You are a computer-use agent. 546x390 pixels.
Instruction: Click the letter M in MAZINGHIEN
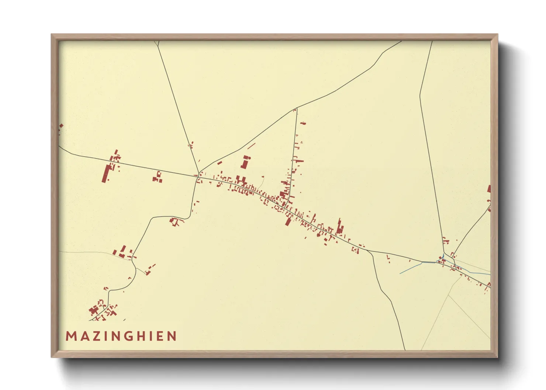click(x=70, y=336)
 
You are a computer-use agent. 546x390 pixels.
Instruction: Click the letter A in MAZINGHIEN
click(x=82, y=336)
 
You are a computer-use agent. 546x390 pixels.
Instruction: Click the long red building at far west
click(x=106, y=174)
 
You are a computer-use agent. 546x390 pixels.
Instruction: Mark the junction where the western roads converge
click(x=198, y=173)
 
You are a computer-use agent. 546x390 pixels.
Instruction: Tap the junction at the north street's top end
click(x=297, y=108)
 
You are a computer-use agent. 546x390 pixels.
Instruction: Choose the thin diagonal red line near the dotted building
click(x=252, y=146)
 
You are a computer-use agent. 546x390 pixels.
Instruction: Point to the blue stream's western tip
click(x=400, y=274)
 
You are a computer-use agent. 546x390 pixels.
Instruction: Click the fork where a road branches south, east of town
click(x=369, y=251)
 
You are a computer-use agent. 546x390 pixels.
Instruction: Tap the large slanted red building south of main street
click(x=288, y=221)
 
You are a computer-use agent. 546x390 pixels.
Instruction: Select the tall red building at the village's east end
click(x=340, y=226)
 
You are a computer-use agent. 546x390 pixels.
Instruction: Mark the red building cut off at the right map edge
click(x=489, y=189)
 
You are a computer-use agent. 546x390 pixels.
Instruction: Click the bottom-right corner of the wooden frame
click(x=498, y=358)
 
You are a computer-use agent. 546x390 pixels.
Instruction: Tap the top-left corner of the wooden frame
click(x=51, y=34)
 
